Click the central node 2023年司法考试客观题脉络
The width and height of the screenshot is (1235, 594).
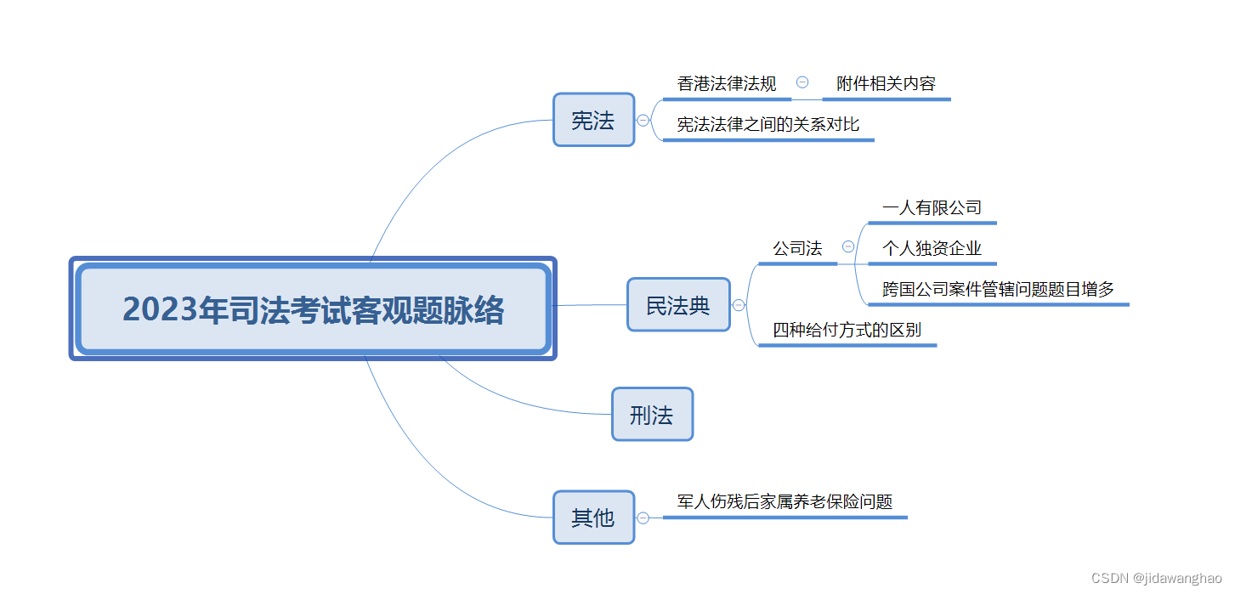(x=312, y=308)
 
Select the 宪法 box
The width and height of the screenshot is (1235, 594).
(x=593, y=120)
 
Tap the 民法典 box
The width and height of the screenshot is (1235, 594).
(x=678, y=305)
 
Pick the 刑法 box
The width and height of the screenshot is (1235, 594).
(x=652, y=415)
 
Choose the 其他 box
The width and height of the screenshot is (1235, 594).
(x=593, y=518)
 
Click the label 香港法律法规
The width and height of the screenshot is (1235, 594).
(x=727, y=84)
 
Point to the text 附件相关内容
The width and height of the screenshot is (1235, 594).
(x=886, y=84)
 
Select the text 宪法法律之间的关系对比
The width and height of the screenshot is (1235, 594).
(x=768, y=125)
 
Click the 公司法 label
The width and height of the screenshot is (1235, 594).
(x=797, y=249)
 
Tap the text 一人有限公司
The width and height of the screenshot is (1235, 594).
(x=932, y=207)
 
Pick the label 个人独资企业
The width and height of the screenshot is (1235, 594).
(x=932, y=248)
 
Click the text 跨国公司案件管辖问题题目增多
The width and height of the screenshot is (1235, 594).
(x=998, y=290)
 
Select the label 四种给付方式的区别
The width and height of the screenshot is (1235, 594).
(x=847, y=331)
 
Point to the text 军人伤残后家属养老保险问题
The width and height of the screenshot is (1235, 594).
(x=785, y=502)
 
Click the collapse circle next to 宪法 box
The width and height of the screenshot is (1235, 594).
(x=643, y=121)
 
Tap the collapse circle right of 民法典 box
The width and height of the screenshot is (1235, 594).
(x=739, y=305)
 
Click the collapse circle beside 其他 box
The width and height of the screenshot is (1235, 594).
(x=643, y=518)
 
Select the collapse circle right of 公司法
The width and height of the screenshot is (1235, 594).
(x=848, y=247)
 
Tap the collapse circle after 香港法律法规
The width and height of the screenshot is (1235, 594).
(x=802, y=82)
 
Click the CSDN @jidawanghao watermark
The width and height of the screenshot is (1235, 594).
(x=1156, y=578)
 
